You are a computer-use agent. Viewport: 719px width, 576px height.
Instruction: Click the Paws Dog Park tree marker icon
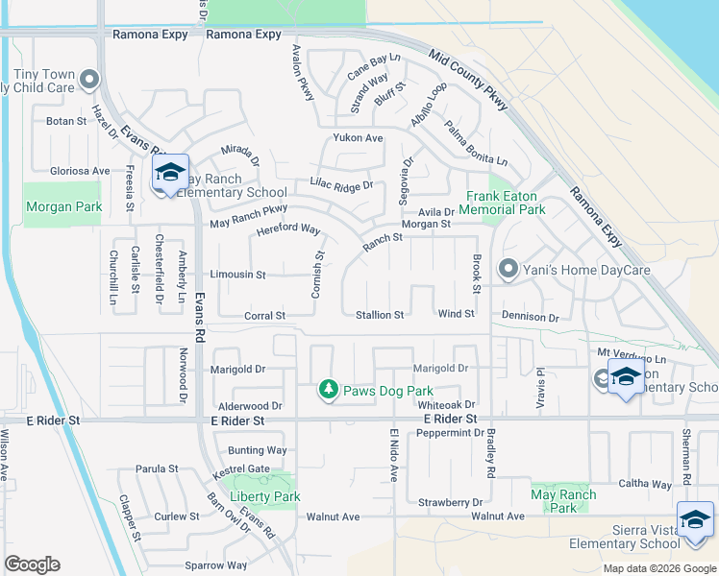pos(329,389)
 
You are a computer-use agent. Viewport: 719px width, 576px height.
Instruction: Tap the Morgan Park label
pos(50,206)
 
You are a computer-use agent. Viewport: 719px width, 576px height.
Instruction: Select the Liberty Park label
pos(265,496)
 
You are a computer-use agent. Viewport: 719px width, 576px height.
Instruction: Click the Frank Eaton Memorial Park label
pos(502,203)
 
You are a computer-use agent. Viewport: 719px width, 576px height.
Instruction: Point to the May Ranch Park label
pos(563,501)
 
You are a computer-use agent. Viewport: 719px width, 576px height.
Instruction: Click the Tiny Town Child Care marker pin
pos(90,80)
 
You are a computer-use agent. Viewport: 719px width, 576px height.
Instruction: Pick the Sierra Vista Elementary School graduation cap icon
pos(695,519)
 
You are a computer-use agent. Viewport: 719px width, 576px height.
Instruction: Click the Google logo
pos(33,564)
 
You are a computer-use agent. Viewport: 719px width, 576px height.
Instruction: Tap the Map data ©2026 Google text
pos(658,568)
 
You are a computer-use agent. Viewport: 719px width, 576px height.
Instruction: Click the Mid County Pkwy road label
pos(468,80)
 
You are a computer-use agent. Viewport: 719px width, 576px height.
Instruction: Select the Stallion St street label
pos(380,315)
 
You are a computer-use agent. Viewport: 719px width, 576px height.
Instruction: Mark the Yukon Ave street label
pos(359,138)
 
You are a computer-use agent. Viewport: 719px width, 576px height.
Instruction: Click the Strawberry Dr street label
pos(450,502)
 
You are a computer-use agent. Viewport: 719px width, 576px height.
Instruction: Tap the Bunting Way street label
pos(257,450)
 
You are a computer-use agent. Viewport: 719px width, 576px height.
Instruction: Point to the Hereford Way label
pos(287,230)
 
